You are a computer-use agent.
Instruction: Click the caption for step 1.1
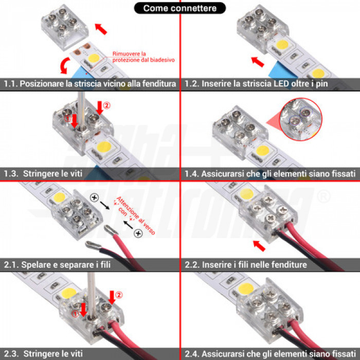tap(90, 83)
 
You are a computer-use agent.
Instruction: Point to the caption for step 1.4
tap(269, 174)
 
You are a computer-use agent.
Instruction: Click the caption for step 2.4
tap(269, 354)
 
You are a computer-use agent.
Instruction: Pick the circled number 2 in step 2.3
tap(119, 295)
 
